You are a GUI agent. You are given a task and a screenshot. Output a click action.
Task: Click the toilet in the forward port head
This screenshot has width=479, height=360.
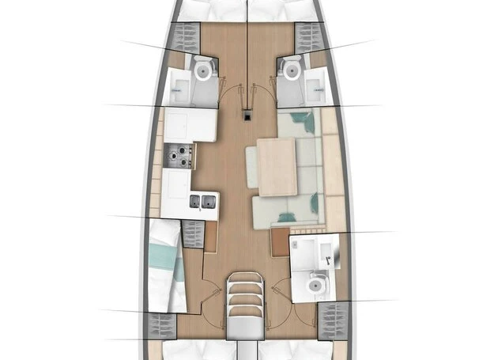point(205,72)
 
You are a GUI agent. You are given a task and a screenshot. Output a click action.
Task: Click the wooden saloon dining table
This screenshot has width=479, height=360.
point(277,166)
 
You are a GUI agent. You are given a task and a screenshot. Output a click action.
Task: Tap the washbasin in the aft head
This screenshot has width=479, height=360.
point(324,252)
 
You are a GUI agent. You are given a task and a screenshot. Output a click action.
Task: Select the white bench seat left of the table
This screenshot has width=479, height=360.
point(251,167)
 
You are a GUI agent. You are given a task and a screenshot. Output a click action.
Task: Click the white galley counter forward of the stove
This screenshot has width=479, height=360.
point(190,125)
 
